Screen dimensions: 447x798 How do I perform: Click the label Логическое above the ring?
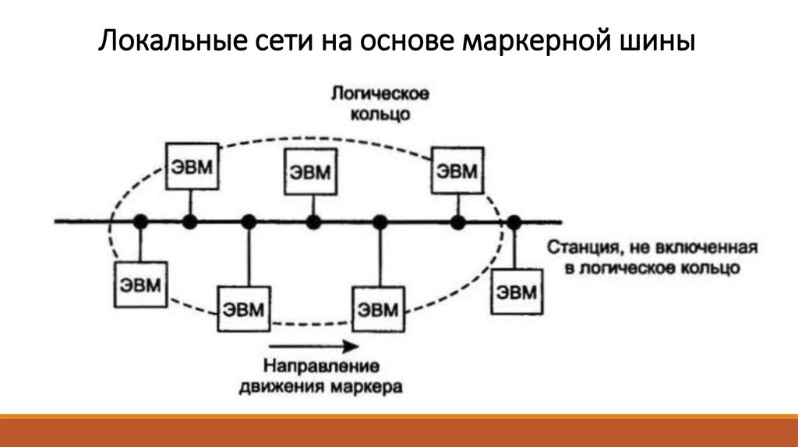click(x=381, y=96)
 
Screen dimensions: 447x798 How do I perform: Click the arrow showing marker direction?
click(x=311, y=346)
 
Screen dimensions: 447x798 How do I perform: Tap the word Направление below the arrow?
click(x=320, y=365)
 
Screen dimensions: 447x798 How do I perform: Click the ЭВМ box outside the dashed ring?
click(x=517, y=292)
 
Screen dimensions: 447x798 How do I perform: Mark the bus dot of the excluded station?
click(x=514, y=223)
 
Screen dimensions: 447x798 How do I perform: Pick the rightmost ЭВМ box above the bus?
click(x=455, y=170)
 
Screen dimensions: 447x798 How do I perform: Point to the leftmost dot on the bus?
click(x=140, y=223)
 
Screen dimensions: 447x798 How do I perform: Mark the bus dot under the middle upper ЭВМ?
click(x=312, y=223)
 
